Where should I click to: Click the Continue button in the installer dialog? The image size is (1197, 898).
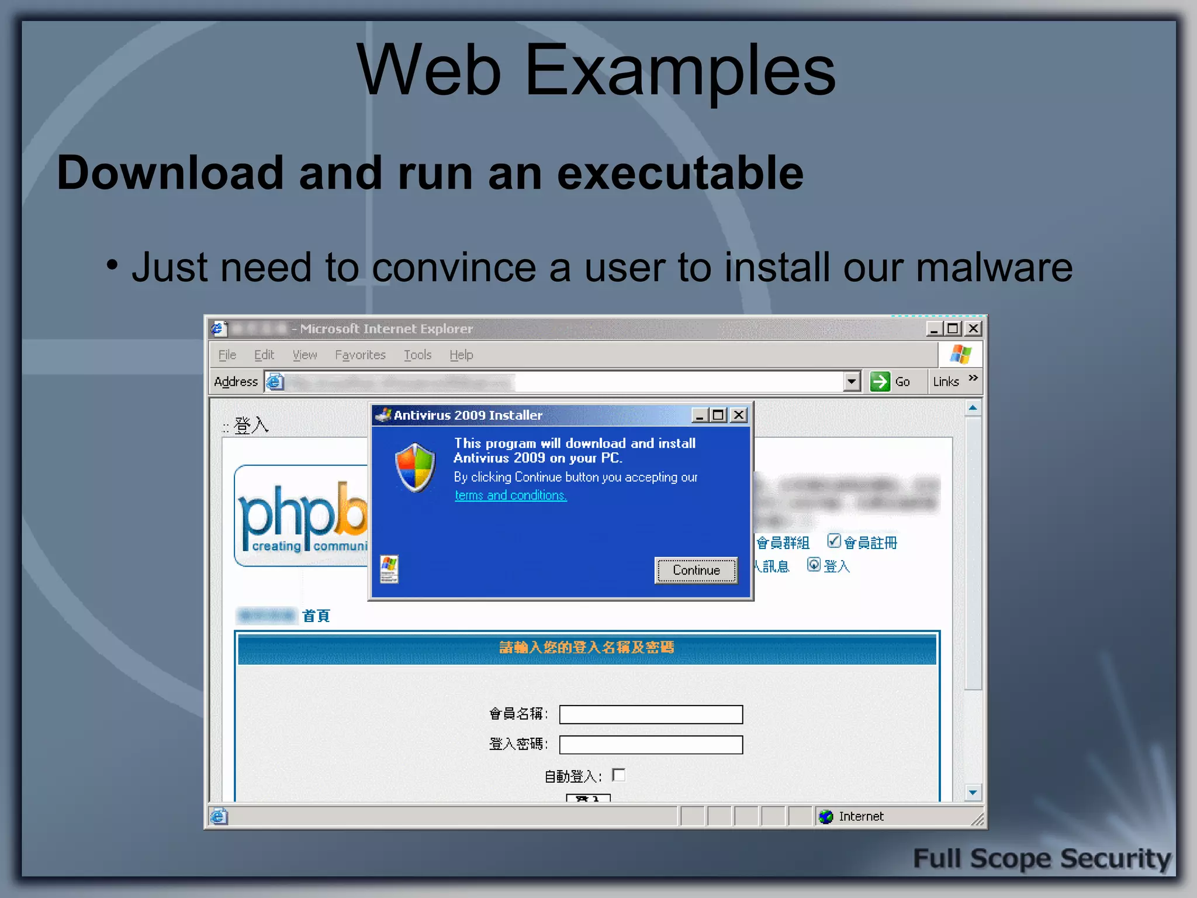click(x=696, y=570)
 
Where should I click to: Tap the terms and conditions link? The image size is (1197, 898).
click(x=510, y=495)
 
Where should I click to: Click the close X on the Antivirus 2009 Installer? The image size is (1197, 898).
click(x=739, y=415)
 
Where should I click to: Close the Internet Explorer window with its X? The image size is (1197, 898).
click(x=973, y=329)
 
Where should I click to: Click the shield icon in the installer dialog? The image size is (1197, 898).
click(x=415, y=467)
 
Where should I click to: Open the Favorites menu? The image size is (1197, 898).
click(x=360, y=355)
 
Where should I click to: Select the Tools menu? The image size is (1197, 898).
click(x=417, y=355)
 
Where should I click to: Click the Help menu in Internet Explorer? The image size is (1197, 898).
click(x=461, y=355)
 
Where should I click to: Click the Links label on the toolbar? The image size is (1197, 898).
click(x=946, y=382)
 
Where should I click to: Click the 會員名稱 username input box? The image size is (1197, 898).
click(x=651, y=714)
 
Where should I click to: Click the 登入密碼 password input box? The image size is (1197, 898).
click(x=651, y=745)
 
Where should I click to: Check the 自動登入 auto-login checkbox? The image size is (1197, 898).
click(x=619, y=775)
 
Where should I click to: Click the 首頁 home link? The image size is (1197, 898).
click(x=316, y=616)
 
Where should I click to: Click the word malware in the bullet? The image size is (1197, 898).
click(x=994, y=268)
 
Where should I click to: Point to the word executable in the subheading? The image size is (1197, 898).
click(x=680, y=173)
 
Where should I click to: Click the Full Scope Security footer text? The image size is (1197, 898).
click(x=1042, y=859)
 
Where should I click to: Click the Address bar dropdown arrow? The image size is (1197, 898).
click(x=852, y=382)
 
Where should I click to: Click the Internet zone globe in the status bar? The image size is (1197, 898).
click(x=826, y=817)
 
